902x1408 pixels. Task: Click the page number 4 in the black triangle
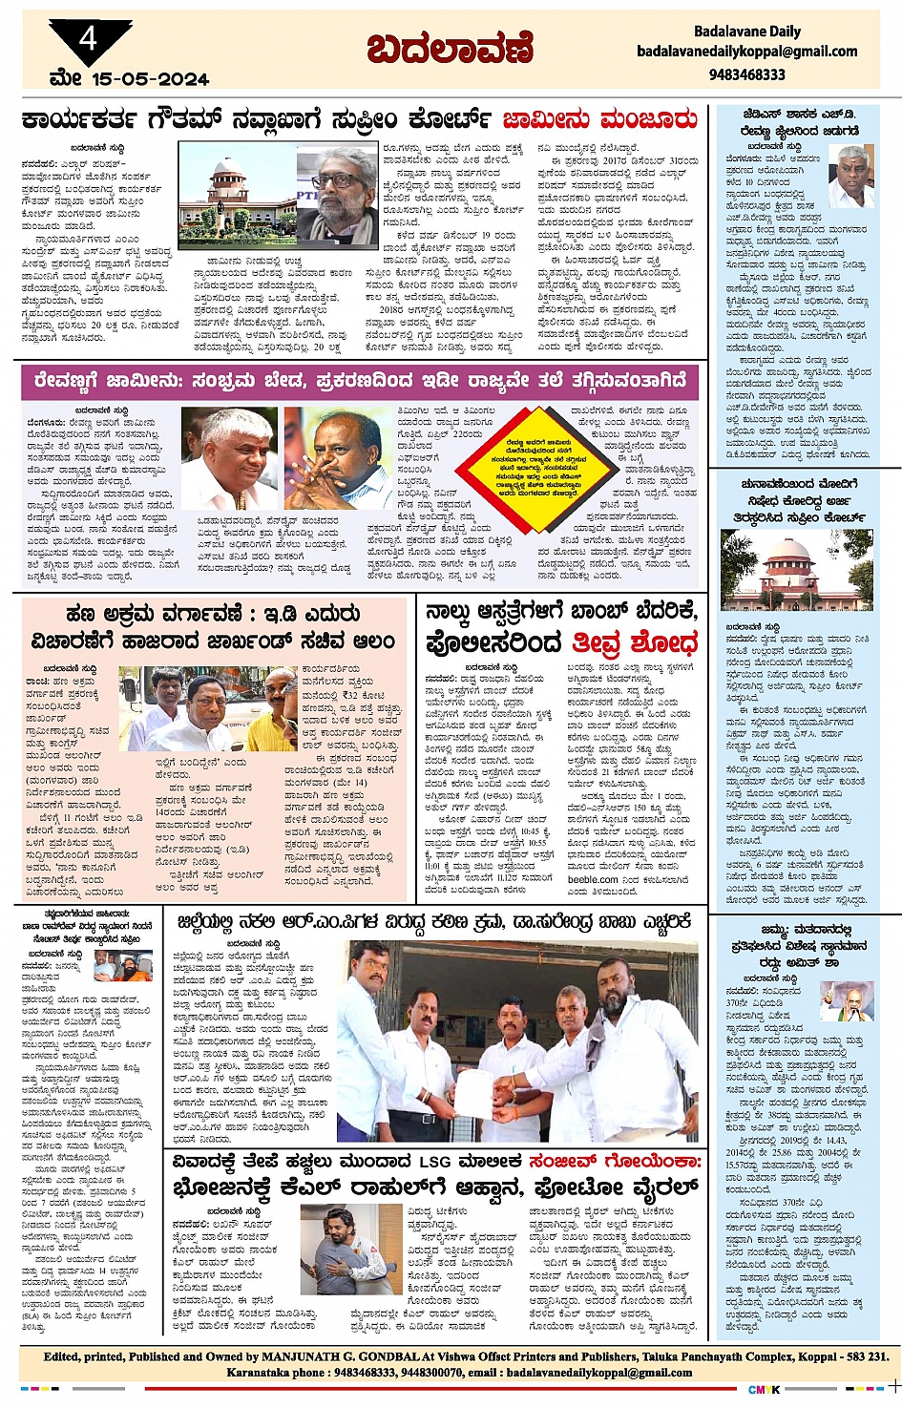coord(89,39)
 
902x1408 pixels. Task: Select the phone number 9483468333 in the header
coord(747,74)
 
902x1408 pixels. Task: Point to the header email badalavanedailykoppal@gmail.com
coord(747,52)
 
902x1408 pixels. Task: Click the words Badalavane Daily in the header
coord(747,32)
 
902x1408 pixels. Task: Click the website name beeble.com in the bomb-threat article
coord(593,879)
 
